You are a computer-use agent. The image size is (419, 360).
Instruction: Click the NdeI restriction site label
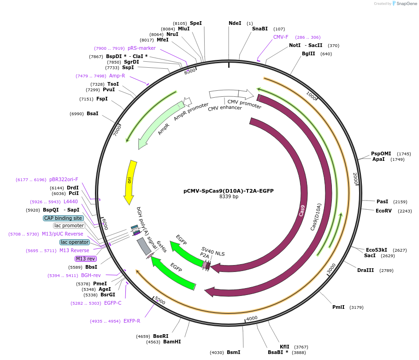(235, 23)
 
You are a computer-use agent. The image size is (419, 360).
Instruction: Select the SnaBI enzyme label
(260, 29)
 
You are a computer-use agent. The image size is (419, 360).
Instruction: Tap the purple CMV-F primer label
(281, 37)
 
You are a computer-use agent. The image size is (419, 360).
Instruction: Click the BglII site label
(308, 53)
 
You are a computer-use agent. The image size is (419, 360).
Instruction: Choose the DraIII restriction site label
(366, 270)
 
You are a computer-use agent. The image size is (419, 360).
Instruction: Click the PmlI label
(338, 307)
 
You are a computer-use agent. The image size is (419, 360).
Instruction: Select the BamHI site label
(172, 342)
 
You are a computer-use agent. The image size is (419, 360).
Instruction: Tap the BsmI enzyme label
(233, 352)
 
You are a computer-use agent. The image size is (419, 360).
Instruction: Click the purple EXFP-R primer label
(132, 321)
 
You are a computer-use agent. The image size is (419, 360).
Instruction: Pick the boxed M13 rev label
(85, 259)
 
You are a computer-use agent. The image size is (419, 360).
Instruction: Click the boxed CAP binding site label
(63, 218)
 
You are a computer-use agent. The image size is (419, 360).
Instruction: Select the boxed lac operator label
(74, 242)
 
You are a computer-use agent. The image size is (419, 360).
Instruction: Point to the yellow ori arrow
(130, 182)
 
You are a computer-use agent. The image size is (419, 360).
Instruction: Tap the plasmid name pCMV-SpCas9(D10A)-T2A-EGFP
(229, 190)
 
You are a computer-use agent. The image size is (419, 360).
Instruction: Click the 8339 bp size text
(229, 197)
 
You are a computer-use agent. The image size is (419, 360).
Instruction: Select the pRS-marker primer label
(142, 48)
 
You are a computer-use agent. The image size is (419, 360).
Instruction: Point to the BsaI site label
(92, 113)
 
